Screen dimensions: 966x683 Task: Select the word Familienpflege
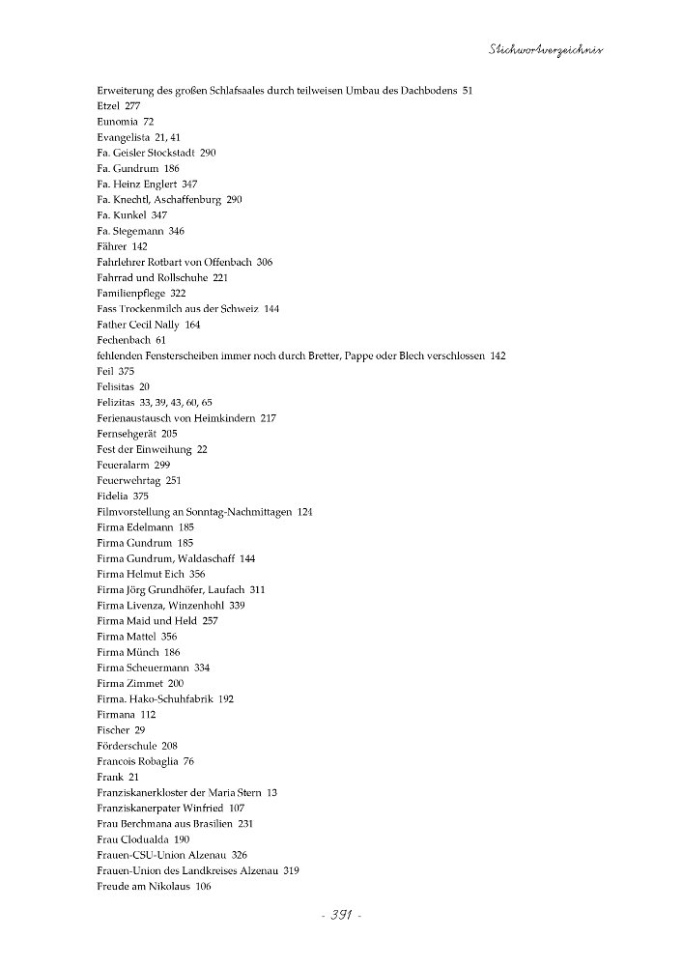click(x=128, y=293)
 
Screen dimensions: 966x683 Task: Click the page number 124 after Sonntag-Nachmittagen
click(x=305, y=511)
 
